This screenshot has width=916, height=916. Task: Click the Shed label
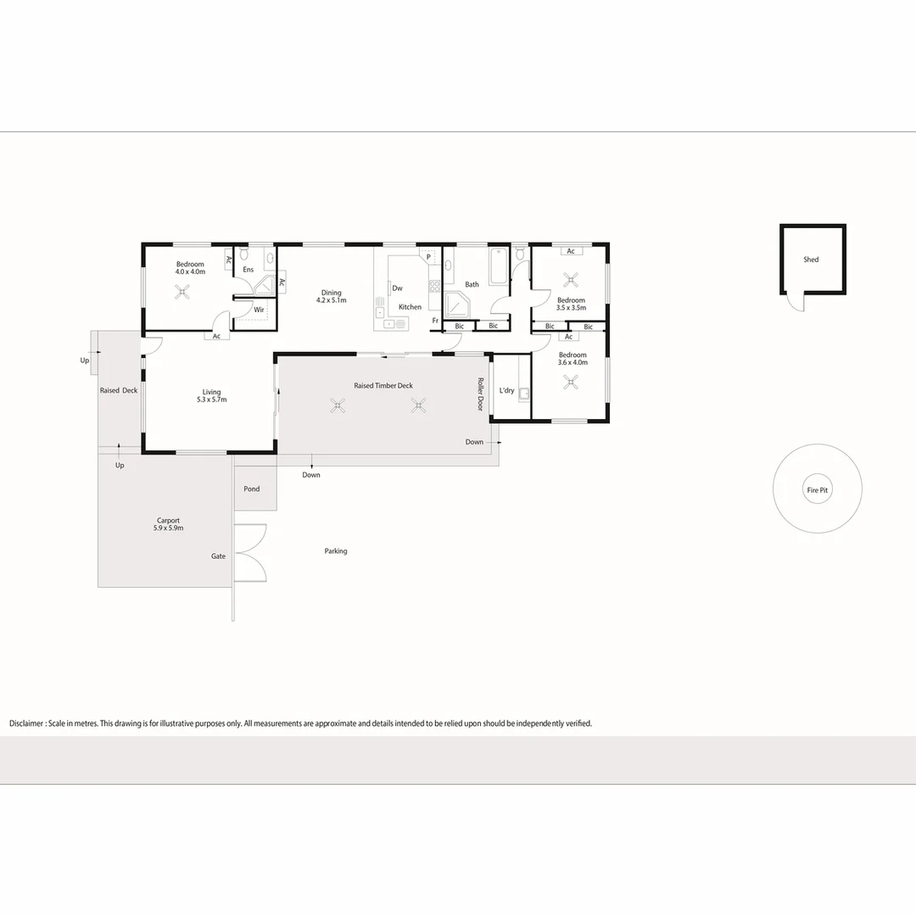click(811, 260)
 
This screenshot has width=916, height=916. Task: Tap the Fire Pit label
click(818, 490)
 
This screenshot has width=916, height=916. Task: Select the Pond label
click(252, 489)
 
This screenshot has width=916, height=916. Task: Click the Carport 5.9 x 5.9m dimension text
click(168, 528)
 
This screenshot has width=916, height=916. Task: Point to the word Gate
click(219, 556)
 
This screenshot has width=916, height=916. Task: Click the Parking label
click(336, 551)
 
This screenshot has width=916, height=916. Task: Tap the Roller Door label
click(481, 394)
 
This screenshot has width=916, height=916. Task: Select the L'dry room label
click(506, 390)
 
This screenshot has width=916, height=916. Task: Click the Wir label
click(259, 310)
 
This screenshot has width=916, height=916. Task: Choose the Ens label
click(249, 270)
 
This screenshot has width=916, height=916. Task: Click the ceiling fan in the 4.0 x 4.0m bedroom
click(182, 292)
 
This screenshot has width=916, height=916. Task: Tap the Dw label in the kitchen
click(397, 288)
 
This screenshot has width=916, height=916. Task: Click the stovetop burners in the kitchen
click(434, 287)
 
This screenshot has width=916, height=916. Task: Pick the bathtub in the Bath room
click(499, 266)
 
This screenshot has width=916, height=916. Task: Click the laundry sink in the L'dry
click(524, 394)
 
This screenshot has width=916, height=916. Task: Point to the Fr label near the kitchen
click(435, 320)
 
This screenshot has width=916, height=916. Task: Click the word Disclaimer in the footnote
click(26, 723)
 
